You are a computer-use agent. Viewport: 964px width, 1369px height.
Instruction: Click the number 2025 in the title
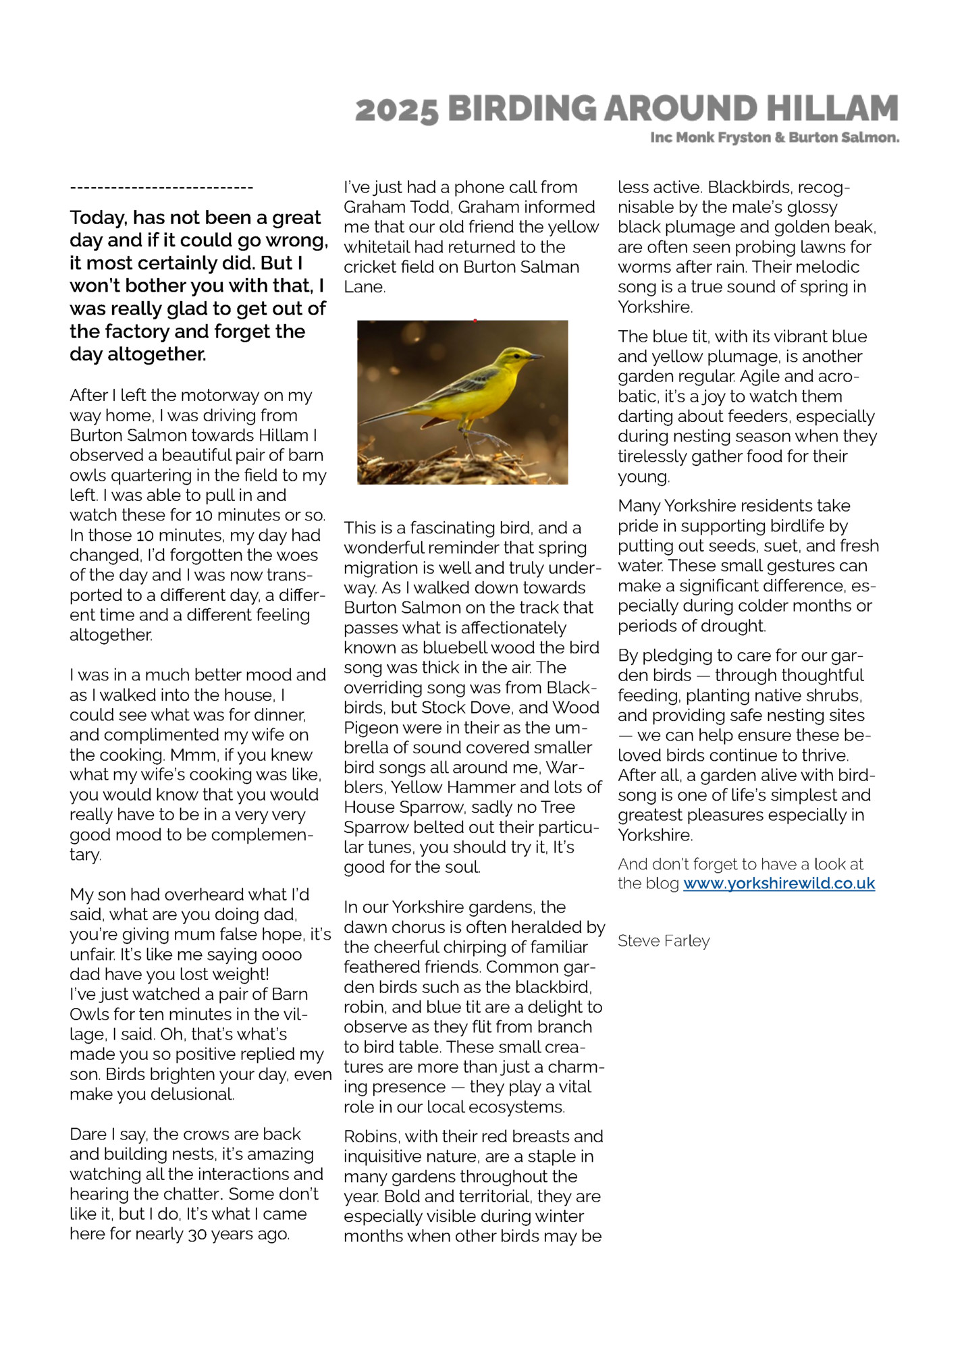point(396,110)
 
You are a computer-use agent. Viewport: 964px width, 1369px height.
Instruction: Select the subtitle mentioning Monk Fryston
point(774,138)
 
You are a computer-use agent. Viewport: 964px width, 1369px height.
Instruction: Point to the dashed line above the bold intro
point(161,188)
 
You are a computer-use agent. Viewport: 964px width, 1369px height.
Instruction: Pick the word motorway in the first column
point(227,396)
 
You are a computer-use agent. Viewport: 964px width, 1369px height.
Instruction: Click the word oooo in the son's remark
point(282,955)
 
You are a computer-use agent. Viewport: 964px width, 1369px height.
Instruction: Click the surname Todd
point(429,207)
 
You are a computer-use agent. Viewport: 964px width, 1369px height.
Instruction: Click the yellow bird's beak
point(537,356)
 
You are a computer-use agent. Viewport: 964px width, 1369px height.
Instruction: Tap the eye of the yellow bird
point(518,353)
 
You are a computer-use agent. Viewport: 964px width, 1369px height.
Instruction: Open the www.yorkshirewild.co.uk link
point(779,884)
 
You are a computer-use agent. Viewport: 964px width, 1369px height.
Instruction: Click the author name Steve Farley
point(664,941)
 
